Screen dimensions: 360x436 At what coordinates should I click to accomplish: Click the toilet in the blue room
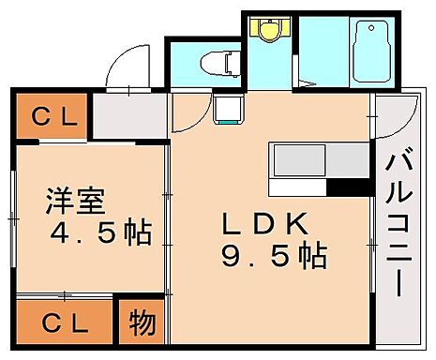point(220,64)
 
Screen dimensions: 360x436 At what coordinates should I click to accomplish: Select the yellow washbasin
point(269,31)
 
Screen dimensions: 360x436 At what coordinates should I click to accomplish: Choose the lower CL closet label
point(64,323)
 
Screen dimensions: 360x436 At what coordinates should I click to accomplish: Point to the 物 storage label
point(141,323)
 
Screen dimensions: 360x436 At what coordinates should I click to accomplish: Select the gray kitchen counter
point(319,160)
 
